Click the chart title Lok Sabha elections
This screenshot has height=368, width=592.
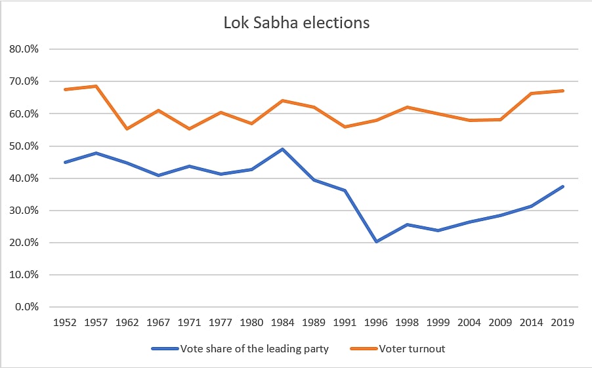click(x=295, y=23)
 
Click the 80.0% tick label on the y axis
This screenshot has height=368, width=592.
click(x=24, y=49)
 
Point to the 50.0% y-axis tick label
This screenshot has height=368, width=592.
click(x=24, y=146)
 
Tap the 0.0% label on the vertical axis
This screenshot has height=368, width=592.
click(x=26, y=307)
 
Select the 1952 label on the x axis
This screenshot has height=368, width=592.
click(x=66, y=323)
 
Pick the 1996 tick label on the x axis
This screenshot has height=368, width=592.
click(x=377, y=323)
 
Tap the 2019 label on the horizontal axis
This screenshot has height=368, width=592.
click(x=563, y=323)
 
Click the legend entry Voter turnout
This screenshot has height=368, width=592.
click(x=412, y=349)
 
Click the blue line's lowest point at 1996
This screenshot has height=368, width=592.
click(x=377, y=241)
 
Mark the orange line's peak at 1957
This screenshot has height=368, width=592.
click(x=96, y=86)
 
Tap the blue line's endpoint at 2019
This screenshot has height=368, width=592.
click(x=563, y=186)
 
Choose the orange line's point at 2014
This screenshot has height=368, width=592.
click(x=532, y=94)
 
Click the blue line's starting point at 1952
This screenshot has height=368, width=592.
click(x=66, y=162)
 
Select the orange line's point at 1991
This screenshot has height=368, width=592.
click(x=346, y=127)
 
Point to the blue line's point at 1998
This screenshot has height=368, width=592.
click(x=408, y=224)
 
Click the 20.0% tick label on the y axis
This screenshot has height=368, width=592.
click(x=24, y=243)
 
